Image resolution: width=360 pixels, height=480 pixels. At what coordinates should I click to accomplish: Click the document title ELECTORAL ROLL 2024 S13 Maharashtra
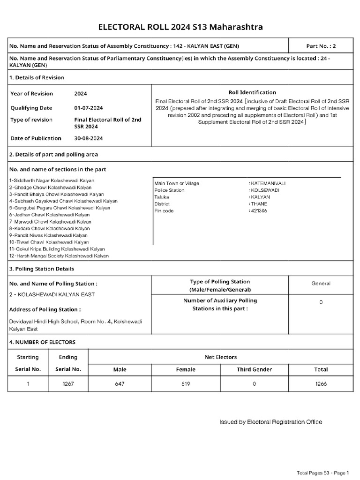(x=180, y=28)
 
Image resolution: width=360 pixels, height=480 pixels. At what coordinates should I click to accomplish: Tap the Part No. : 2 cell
(x=321, y=46)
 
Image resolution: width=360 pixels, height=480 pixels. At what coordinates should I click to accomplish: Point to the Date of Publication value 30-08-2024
(x=89, y=138)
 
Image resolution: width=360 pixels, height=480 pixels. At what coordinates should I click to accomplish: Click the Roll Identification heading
(x=252, y=92)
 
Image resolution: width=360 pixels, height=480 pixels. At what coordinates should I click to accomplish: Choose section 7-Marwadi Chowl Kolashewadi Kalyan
(x=50, y=222)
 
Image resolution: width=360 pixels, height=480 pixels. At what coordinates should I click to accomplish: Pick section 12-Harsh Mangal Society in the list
(x=59, y=256)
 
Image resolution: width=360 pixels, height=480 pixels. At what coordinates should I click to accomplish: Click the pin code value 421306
(x=258, y=211)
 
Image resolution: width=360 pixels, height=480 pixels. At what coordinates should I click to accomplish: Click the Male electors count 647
(x=120, y=384)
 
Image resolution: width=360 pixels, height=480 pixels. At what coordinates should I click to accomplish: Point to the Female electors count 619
(x=186, y=384)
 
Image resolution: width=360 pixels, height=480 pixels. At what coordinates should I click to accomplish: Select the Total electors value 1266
(x=321, y=384)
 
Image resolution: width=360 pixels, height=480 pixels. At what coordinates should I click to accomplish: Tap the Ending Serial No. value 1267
(x=68, y=384)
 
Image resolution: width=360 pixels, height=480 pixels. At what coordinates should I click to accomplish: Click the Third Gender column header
(x=254, y=369)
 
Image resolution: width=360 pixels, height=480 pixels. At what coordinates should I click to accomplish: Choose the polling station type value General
(x=321, y=283)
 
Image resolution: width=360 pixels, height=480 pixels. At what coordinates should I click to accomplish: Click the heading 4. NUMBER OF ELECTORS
(x=43, y=342)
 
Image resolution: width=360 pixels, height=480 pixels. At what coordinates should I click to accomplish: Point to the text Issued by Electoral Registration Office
(x=271, y=422)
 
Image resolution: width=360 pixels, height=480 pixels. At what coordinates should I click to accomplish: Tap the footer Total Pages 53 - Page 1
(x=323, y=472)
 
